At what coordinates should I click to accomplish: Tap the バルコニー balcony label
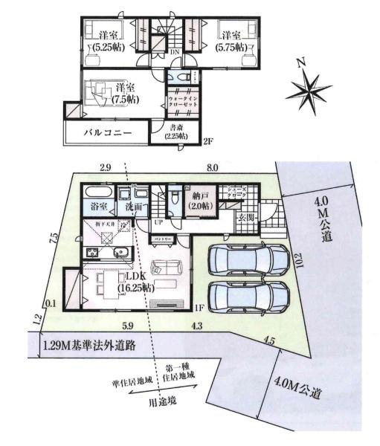[108, 134]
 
